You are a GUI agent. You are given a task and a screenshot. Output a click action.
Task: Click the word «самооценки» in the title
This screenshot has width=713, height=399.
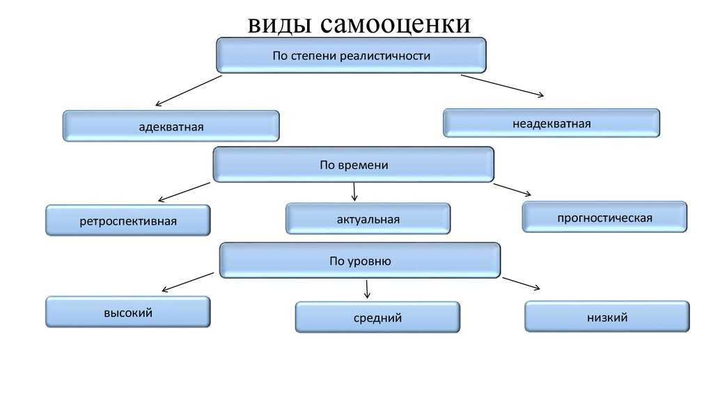tap(395, 24)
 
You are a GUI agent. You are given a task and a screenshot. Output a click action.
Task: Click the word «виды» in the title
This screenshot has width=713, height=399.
tap(280, 24)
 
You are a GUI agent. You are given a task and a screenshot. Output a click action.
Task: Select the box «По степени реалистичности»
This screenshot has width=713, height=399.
tap(351, 56)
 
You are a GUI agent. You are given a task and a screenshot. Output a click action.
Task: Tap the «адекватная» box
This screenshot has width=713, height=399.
tap(171, 127)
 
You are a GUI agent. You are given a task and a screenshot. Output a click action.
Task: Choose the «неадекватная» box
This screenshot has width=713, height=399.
tap(551, 123)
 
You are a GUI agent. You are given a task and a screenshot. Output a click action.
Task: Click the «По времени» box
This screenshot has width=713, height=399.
tap(353, 165)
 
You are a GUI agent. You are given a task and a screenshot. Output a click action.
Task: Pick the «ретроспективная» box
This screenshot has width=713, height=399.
tap(128, 220)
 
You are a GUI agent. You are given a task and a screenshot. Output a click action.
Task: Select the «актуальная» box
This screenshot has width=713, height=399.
tap(368, 219)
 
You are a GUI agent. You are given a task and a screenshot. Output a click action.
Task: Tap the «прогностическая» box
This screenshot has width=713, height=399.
tap(605, 218)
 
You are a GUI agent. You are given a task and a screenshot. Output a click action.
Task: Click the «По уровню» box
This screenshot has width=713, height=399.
tap(360, 261)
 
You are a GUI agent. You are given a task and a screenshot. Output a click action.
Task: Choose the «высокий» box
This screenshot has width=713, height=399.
tap(128, 312)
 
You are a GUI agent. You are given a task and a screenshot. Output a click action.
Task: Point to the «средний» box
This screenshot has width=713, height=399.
tap(377, 317)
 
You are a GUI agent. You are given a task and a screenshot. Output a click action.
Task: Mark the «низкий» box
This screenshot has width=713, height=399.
tap(607, 317)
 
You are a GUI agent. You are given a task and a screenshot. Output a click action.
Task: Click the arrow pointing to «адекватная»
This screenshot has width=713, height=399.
tap(188, 91)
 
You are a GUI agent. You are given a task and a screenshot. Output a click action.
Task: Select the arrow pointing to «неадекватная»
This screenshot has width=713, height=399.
tap(503, 85)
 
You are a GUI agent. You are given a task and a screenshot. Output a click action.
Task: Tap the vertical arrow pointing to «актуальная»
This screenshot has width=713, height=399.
tap(354, 192)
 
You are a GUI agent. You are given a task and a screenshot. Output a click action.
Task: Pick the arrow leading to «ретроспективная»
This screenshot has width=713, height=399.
tap(184, 192)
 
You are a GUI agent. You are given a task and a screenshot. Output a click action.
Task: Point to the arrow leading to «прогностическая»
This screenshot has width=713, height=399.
tap(512, 190)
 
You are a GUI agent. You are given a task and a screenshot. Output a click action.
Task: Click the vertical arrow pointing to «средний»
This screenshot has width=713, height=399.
tap(367, 289)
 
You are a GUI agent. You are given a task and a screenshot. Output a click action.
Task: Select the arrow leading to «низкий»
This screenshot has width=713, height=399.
tap(521, 284)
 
